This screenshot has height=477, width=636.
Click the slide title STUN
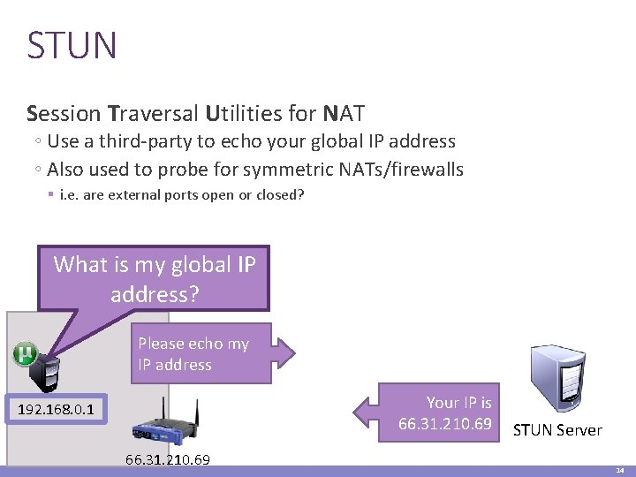point(72,46)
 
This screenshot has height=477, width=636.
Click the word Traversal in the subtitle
point(153,114)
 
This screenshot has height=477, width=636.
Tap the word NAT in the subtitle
point(344,114)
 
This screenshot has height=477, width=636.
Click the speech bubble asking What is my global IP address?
point(155,277)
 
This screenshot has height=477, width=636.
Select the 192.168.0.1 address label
point(57,410)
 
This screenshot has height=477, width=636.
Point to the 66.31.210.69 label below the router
point(168,460)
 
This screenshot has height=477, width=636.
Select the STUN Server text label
point(557,431)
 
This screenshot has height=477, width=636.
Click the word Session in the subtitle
point(64,114)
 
